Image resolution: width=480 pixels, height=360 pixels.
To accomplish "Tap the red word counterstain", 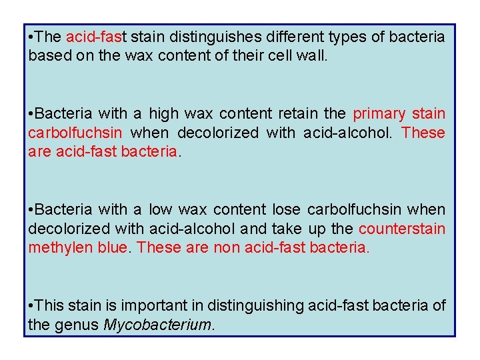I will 402,229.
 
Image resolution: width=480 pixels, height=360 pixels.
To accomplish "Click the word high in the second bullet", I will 163,114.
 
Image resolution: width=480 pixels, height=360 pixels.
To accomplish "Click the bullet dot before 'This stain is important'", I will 31,307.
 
